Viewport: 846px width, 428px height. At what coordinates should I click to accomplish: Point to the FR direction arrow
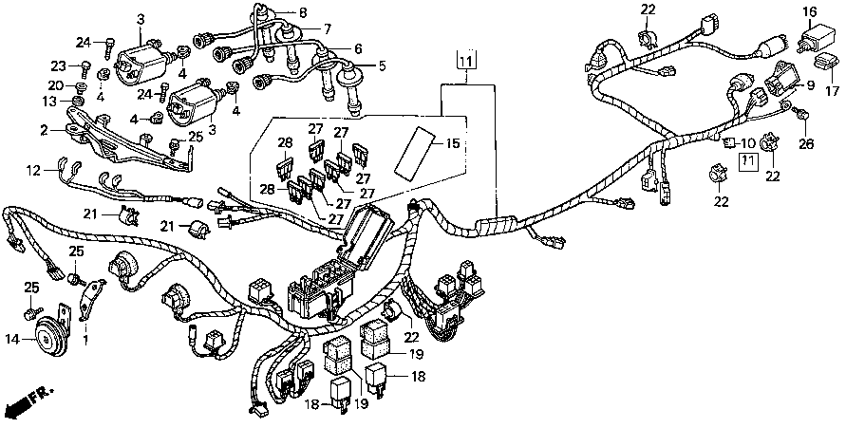tap(25, 402)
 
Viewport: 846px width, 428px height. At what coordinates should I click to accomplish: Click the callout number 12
tap(34, 171)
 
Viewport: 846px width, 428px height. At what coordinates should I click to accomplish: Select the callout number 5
tap(383, 65)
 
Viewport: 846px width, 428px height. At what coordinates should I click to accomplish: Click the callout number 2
tap(44, 129)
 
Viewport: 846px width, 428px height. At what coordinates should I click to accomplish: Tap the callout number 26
tap(808, 144)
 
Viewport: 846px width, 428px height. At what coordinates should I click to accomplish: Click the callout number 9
tap(810, 84)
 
